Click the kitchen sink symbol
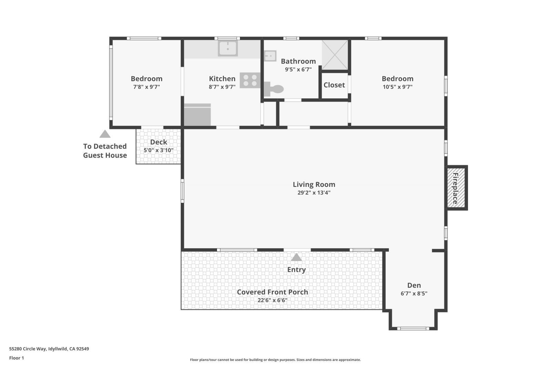point(228,48)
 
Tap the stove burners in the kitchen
point(250,80)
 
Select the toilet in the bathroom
point(274,89)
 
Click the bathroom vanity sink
point(270,56)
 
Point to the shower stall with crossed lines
point(335,55)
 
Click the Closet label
point(334,85)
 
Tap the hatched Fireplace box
point(456,188)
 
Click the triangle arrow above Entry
point(297,257)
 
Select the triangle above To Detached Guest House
point(105,134)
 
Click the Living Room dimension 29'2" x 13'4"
point(314,193)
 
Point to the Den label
point(414,285)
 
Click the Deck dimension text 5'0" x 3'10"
point(158,150)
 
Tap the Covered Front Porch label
point(272,292)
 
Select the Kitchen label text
point(222,78)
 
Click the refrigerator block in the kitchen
point(197,115)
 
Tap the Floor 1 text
point(17,358)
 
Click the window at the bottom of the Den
point(413,328)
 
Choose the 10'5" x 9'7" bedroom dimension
point(397,87)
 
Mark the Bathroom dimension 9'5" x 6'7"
point(298,69)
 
